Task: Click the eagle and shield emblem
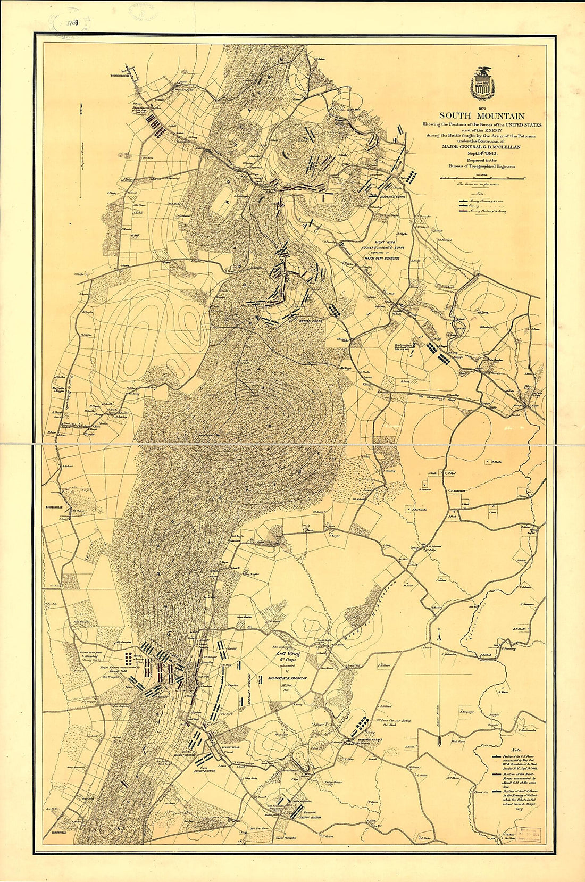click(482, 84)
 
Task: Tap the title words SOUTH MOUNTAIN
click(481, 116)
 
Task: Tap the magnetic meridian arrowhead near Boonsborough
click(80, 106)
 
